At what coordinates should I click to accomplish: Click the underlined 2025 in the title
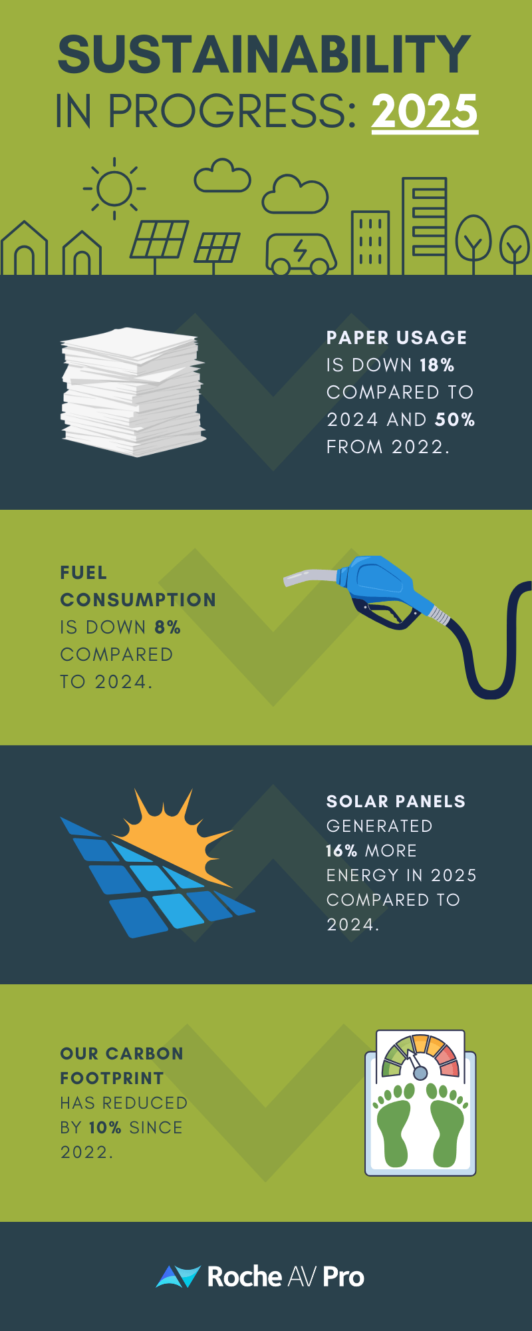coord(424,111)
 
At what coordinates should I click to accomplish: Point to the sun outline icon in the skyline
coord(114,188)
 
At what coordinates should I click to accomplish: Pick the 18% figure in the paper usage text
coord(437,365)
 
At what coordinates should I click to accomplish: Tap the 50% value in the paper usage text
coord(455,420)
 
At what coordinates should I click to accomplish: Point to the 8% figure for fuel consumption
coord(168,628)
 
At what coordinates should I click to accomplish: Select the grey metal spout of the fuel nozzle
coord(309,576)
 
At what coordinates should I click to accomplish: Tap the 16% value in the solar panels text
coord(342,851)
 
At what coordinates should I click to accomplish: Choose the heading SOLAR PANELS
coord(396,802)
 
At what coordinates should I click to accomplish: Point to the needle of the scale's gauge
coord(414,1062)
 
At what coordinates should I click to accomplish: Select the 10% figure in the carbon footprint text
coord(105,1128)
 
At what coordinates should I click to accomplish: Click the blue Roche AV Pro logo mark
coord(178,1276)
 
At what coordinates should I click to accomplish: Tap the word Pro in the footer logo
coord(343,1277)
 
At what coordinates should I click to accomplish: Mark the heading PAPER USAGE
coord(396,338)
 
